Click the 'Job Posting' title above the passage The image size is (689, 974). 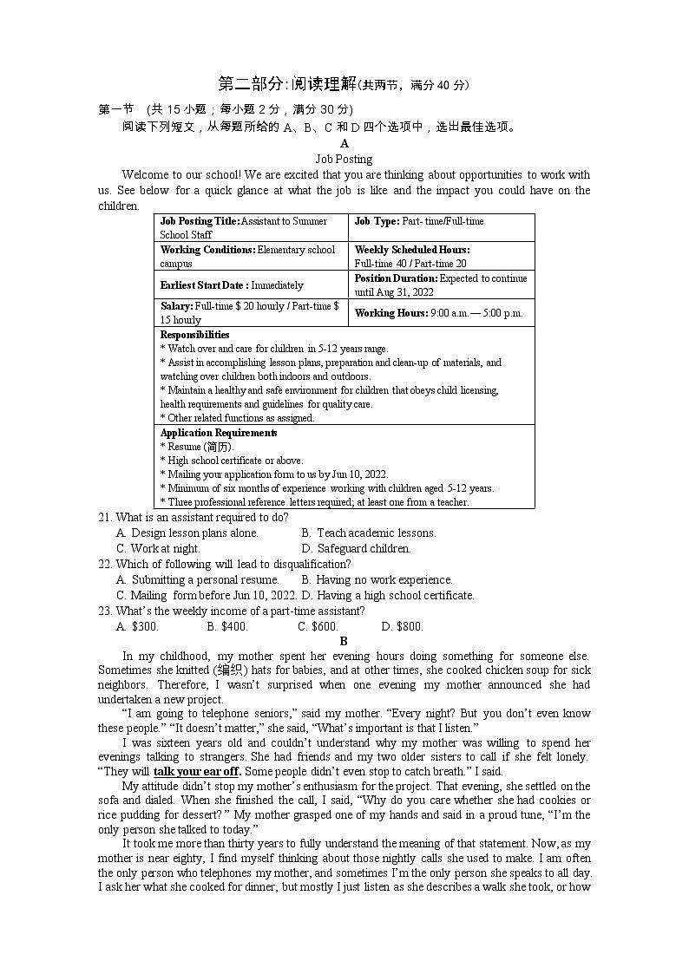coord(344,159)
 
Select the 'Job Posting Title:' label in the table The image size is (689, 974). coord(200,221)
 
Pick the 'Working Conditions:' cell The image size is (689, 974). coord(207,250)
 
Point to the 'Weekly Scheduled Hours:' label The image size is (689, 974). coord(412,250)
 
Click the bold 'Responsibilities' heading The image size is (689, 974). coord(195,334)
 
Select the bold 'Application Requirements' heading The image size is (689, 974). coord(219,433)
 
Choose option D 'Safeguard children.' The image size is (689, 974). coord(356,548)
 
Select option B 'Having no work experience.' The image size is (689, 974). coord(377,579)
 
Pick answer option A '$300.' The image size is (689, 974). coord(137,626)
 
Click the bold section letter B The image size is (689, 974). coord(344,642)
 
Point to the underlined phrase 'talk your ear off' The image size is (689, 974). coord(198,771)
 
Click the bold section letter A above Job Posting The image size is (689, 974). coord(344,144)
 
